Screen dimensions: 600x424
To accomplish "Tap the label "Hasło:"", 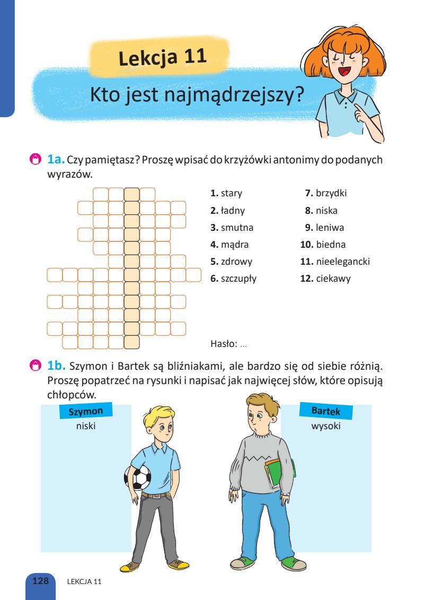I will (224, 344).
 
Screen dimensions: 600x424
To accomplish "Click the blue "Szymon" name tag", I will (86, 410).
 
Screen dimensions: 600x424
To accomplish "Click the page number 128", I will (40, 581).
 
